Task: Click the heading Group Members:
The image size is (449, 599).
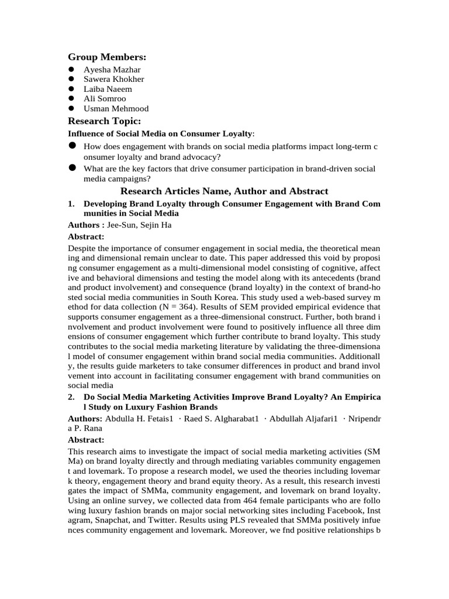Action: pos(107,57)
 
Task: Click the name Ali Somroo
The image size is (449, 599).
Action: pos(105,99)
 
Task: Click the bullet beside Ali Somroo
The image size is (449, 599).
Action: pos(71,99)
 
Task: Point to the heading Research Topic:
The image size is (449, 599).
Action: pos(104,121)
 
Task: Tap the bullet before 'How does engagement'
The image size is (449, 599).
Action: pos(72,146)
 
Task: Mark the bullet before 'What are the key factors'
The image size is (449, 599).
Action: pos(72,168)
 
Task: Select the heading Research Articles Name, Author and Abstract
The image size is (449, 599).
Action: pos(224,191)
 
